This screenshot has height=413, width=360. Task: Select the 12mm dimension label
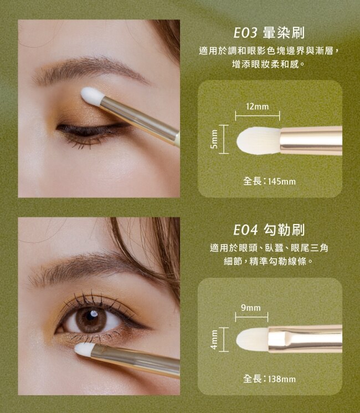258,106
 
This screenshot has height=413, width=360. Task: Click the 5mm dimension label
215,139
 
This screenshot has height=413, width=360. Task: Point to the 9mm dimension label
251,308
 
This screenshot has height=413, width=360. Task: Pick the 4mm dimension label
215,340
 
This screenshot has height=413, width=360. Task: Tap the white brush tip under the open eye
84,350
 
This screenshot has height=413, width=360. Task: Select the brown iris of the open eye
90,319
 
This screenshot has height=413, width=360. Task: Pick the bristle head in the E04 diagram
252,339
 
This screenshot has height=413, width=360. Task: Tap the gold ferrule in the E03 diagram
311,141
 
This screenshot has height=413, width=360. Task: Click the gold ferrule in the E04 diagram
305,339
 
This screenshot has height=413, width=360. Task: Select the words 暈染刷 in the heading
284,33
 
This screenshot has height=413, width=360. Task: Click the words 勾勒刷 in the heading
284,230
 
